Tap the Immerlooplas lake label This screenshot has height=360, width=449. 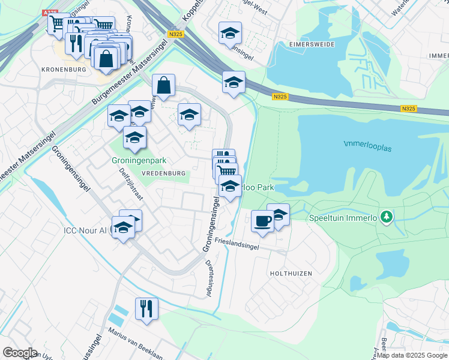[367, 144]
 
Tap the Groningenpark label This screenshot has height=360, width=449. [139, 161]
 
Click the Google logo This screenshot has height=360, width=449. [20, 353]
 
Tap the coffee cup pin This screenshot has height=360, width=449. [262, 221]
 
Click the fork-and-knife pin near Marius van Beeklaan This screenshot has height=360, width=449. [146, 309]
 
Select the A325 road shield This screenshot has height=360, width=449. [52, 12]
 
